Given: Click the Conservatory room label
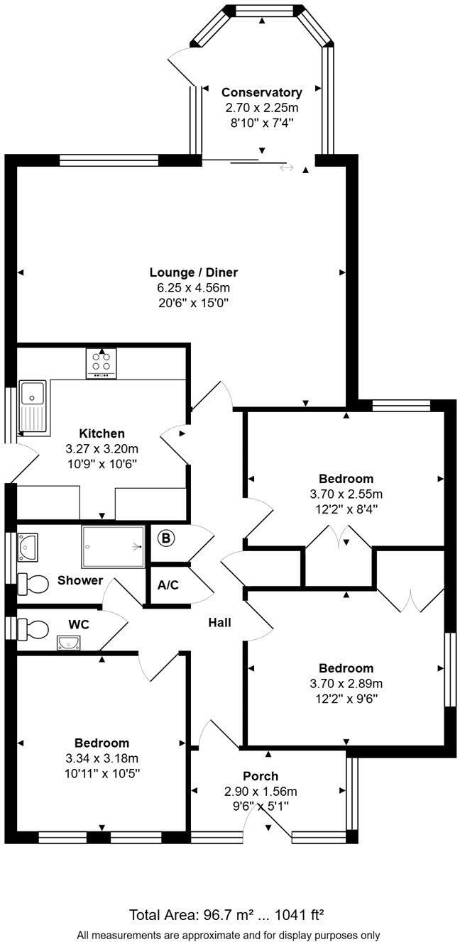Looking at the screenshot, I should point(261,92).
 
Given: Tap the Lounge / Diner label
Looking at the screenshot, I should point(193,272).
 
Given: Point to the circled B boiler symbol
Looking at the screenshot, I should point(165,538).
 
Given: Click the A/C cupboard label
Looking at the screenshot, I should point(168,586).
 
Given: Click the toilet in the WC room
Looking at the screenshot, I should point(33,628).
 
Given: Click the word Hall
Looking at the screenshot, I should point(219,623).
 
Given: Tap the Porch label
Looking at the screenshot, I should point(261,776).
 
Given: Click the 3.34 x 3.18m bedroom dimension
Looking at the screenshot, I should point(102,758).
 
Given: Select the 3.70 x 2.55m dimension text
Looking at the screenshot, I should point(346,494).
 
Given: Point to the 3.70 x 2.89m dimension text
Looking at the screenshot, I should point(346,684).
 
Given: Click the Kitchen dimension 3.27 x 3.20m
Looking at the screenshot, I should point(102,449).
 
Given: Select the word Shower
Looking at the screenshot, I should point(80,581).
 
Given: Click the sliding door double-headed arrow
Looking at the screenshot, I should point(287,168).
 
